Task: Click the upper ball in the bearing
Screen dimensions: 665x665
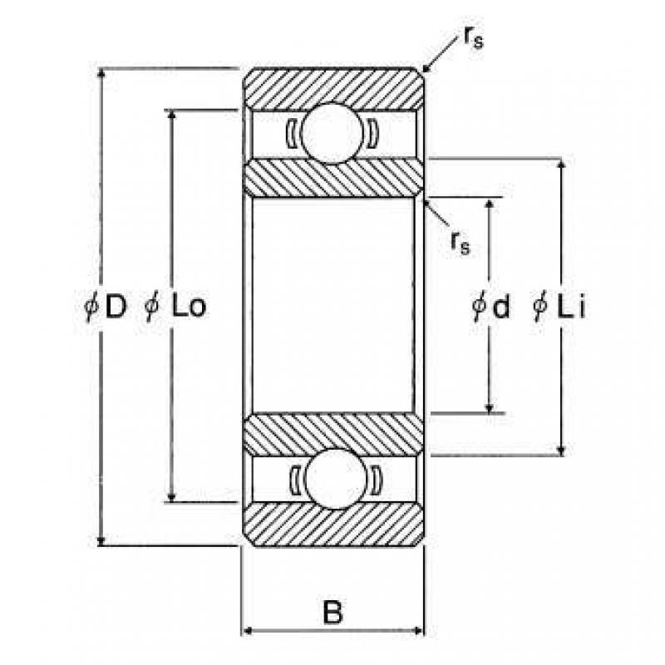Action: click(332, 133)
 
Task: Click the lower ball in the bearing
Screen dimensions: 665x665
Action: click(336, 479)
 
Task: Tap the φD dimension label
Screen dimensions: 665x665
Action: click(106, 306)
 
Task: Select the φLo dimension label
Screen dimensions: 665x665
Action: click(175, 306)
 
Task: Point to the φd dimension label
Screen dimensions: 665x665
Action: click(490, 306)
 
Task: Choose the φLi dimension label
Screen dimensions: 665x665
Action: click(559, 306)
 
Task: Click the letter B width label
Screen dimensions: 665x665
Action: click(332, 612)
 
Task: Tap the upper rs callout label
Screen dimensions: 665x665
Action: click(473, 38)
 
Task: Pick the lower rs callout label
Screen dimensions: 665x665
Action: click(461, 244)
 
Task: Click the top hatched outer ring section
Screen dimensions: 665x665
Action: click(333, 88)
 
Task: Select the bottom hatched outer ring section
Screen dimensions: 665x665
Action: click(333, 525)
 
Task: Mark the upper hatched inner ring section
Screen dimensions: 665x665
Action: click(333, 178)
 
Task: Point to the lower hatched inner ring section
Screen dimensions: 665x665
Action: click(333, 434)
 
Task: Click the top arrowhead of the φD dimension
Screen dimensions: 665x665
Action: click(101, 73)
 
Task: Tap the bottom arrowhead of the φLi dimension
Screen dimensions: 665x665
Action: click(561, 451)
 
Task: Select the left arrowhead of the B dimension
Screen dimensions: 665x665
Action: click(247, 631)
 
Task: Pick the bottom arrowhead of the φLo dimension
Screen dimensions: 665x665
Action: click(171, 497)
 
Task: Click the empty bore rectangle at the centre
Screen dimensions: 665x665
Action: click(333, 305)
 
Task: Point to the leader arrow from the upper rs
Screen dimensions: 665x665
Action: click(441, 54)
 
